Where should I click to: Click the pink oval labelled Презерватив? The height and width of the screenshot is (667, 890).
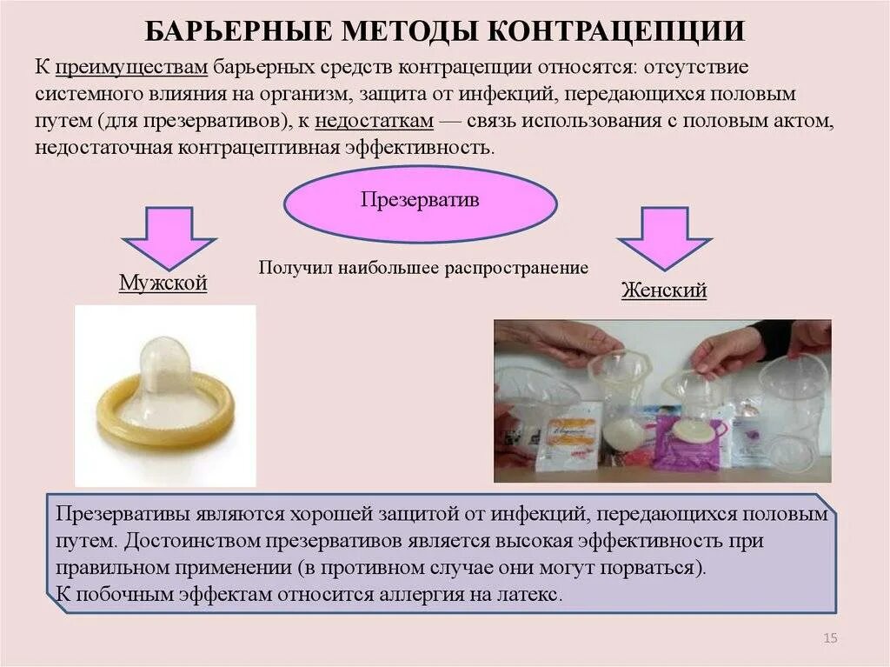click(420, 200)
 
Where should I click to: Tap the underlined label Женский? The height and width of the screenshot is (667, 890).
click(663, 290)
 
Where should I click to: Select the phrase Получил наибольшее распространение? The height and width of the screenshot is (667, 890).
click(423, 268)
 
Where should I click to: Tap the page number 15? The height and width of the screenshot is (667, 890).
click(829, 640)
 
